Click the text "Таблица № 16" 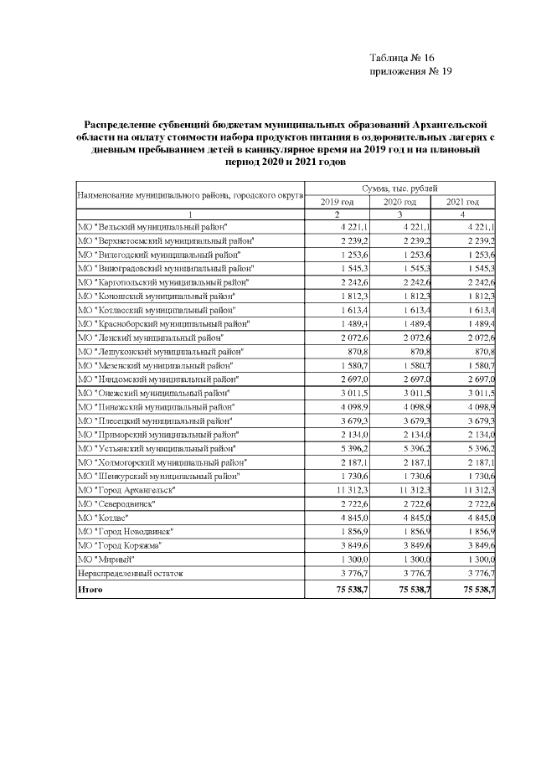point(402,57)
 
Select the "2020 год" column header point(399,202)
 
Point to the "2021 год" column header point(462,202)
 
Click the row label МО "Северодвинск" point(116,503)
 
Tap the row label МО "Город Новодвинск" point(125,530)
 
